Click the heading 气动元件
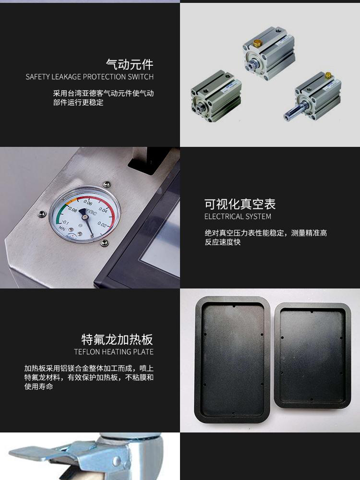[130, 64]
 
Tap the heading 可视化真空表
[240, 204]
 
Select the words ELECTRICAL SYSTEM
[238, 216]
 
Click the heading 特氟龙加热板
[117, 339]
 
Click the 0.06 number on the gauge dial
[88, 203]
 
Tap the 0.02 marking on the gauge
[102, 225]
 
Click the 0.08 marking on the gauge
[72, 209]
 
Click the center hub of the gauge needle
[85, 217]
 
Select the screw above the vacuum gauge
[107, 184]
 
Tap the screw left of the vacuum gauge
[42, 214]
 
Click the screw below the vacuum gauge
[104, 243]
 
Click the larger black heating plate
[233, 360]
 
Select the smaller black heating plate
[312, 356]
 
